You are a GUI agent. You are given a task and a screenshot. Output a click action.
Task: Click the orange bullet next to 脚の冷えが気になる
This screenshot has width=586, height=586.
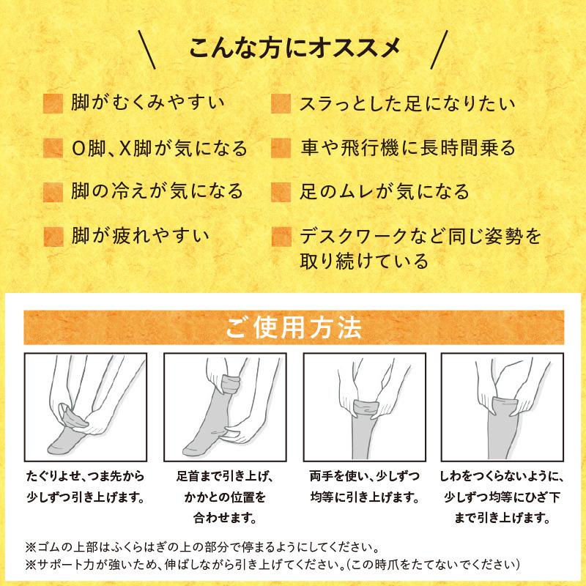click(53, 193)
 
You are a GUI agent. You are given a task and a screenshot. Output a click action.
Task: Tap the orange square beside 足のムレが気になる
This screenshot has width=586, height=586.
click(281, 193)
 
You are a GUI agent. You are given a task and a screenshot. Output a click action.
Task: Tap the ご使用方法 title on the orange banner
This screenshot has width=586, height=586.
click(293, 327)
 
